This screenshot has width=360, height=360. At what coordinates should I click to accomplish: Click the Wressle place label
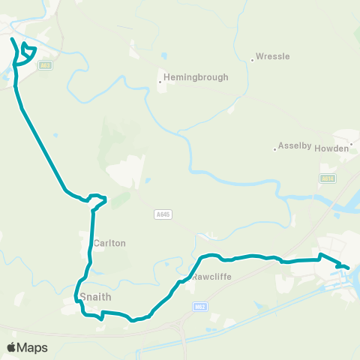(x=273, y=56)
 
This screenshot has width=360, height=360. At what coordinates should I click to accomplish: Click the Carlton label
(x=109, y=244)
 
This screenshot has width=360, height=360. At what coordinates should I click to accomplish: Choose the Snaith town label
(x=95, y=297)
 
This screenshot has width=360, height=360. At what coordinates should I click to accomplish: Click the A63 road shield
(x=46, y=65)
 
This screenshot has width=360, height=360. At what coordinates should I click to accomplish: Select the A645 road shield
(x=163, y=214)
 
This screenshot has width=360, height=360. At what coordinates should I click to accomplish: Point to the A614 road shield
(x=326, y=178)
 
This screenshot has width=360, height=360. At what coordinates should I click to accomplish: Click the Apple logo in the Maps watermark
(x=11, y=347)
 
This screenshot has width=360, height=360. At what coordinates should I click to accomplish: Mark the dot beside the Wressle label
(x=252, y=60)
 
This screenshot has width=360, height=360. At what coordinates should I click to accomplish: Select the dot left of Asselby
(x=274, y=148)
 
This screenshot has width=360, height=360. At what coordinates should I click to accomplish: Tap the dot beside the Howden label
(x=351, y=142)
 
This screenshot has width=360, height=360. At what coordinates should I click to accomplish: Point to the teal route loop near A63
(x=28, y=51)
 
